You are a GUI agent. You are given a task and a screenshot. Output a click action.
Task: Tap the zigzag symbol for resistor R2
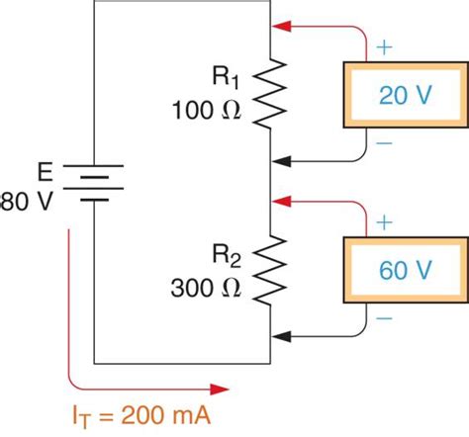(x=270, y=272)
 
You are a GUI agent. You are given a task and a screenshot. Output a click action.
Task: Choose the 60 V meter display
(x=405, y=269)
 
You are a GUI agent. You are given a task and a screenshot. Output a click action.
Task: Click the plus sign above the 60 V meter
(x=384, y=222)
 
